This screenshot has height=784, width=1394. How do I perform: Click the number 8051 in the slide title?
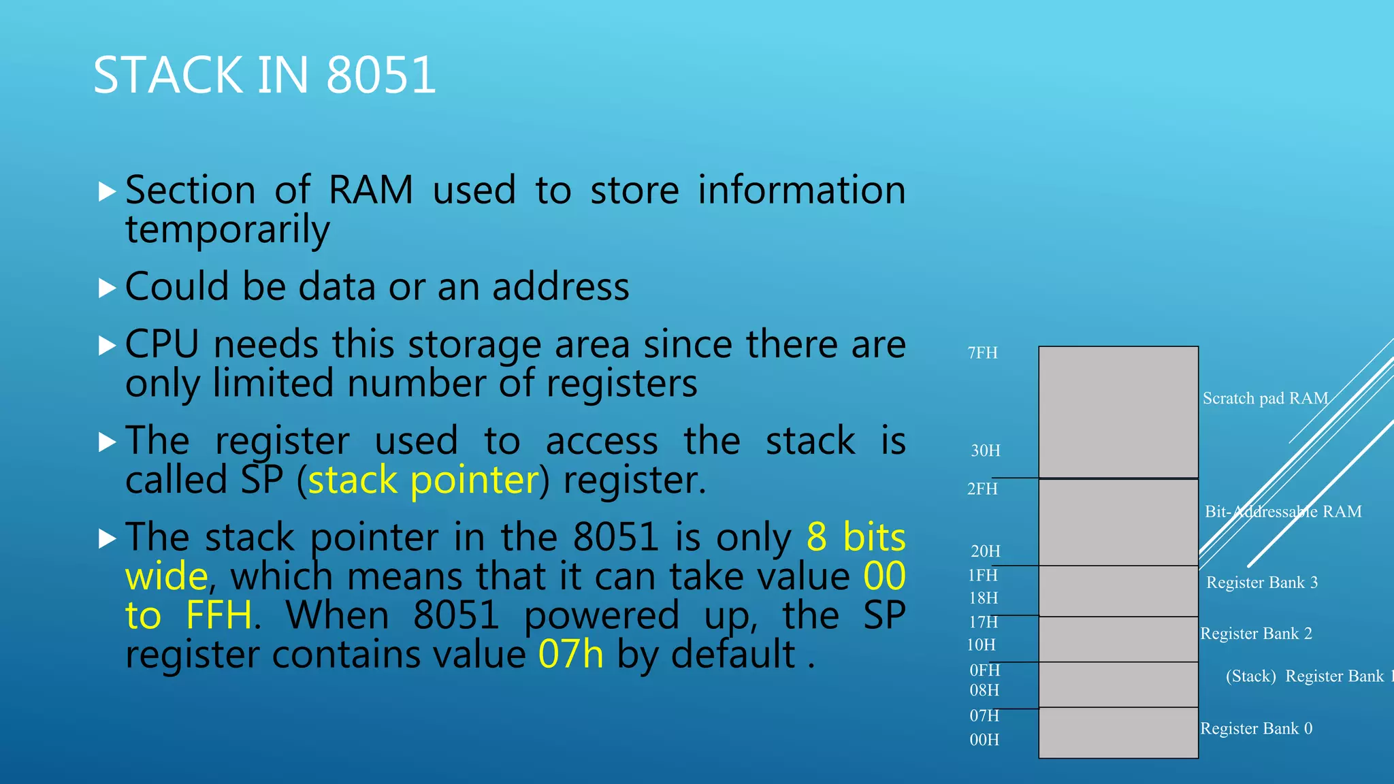381,75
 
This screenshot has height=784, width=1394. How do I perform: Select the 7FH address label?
982,353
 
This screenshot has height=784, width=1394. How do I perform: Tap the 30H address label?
985,451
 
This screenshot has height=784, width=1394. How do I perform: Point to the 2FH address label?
982,489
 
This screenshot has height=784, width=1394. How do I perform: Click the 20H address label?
985,551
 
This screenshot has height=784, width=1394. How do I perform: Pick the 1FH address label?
982,575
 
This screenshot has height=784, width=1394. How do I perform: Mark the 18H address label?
984,598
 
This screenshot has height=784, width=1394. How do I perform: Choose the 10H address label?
981,644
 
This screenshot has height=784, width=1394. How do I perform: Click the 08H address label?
984,690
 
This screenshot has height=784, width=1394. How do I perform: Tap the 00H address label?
984,740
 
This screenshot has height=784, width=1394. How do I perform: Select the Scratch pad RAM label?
1265,398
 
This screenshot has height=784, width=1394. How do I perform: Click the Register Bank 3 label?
1261,583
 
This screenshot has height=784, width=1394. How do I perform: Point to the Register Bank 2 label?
1256,634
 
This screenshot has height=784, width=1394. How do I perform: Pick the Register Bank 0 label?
1256,728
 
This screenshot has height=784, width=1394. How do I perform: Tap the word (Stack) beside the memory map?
1250,676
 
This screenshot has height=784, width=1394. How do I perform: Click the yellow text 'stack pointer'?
423,480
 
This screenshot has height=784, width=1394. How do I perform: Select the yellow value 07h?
570,655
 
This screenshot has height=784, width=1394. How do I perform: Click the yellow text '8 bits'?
856,538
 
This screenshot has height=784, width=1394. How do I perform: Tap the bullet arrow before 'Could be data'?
107,289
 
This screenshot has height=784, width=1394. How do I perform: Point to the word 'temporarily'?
227,229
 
